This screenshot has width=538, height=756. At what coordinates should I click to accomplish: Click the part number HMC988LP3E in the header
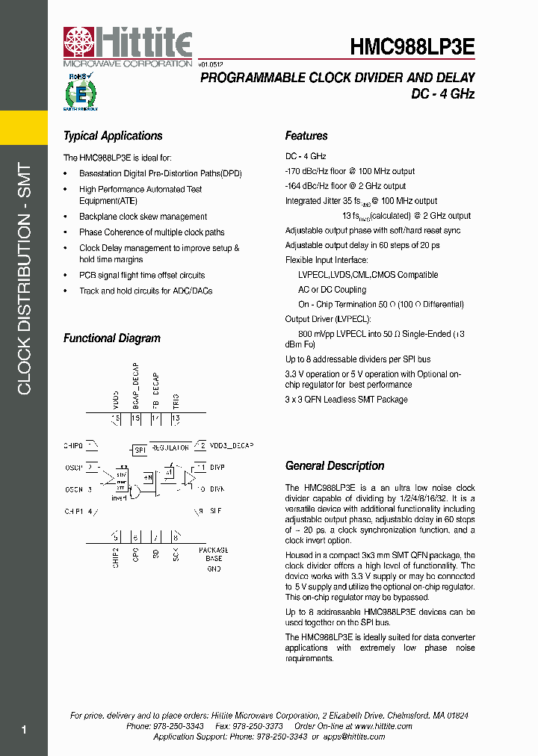tap(412, 47)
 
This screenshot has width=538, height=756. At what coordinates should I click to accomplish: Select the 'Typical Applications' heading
tap(113, 136)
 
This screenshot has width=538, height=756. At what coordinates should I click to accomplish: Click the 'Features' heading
tap(306, 136)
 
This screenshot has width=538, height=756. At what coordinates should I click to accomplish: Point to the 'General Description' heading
tap(335, 465)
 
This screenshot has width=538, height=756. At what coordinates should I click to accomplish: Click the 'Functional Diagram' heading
tap(112, 338)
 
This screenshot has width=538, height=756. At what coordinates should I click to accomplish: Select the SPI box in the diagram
tap(139, 450)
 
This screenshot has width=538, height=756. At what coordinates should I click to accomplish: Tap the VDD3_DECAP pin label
tap(232, 446)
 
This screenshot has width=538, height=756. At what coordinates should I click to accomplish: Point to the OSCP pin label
tap(73, 468)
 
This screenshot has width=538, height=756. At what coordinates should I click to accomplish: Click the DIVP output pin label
tap(217, 468)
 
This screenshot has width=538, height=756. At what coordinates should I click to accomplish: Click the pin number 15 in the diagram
tap(135, 419)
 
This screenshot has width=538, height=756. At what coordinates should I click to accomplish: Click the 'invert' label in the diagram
tap(119, 497)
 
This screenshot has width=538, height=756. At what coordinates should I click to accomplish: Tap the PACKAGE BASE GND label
tap(214, 560)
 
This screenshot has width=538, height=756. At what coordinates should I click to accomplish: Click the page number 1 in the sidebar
tap(24, 730)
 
